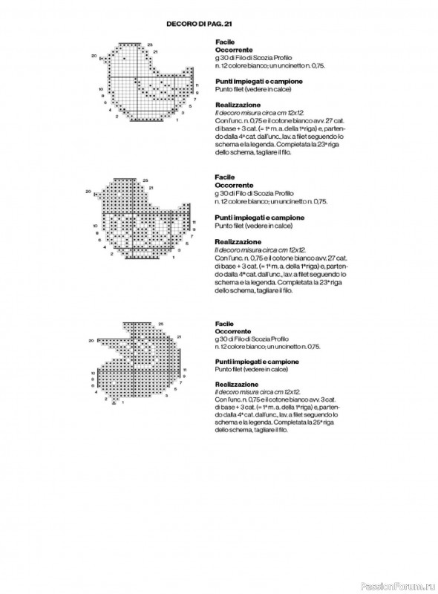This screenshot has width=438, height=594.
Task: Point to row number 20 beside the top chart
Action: (x=94, y=56)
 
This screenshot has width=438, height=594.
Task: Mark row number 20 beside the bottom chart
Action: (x=91, y=340)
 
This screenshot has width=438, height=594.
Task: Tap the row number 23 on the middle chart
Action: (x=149, y=180)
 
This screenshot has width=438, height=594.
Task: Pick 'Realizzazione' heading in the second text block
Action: (x=238, y=241)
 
